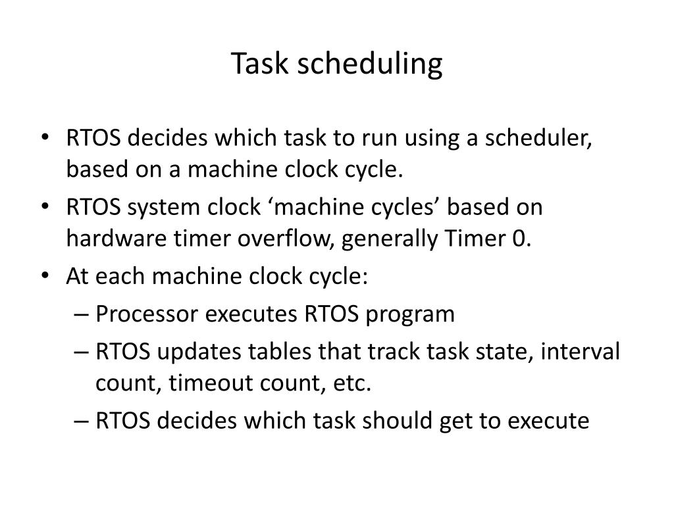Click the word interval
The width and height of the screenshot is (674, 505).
pyautogui.click(x=581, y=351)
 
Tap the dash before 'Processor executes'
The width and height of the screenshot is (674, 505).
pyautogui.click(x=81, y=315)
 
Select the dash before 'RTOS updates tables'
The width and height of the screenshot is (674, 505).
pyautogui.click(x=81, y=352)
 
